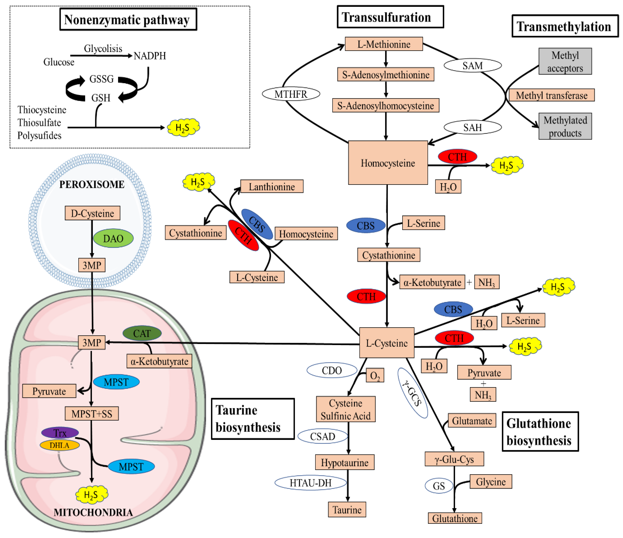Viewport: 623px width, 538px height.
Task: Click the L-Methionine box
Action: click(x=384, y=44)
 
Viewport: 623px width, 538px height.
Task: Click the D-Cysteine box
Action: click(x=92, y=213)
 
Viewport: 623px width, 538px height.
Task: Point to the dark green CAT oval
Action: click(x=142, y=333)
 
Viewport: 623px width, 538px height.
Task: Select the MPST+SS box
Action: click(x=92, y=414)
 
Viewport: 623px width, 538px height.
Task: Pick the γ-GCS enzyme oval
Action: click(x=412, y=393)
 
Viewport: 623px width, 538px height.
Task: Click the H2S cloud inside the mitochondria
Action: click(x=91, y=495)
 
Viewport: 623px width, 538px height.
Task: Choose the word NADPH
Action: click(x=150, y=56)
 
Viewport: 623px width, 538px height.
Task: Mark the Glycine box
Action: click(x=490, y=482)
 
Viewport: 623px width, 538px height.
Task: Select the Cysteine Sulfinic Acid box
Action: click(x=346, y=409)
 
